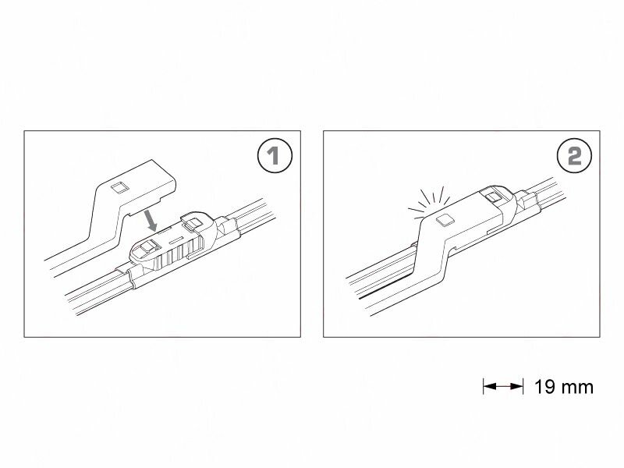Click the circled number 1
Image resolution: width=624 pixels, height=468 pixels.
click(x=274, y=156)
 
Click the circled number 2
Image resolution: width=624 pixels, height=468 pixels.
click(x=573, y=156)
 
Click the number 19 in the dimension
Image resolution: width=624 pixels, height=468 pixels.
click(x=545, y=386)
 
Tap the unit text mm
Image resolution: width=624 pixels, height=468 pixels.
click(x=577, y=386)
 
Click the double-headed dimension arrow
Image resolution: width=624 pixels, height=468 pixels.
click(x=503, y=385)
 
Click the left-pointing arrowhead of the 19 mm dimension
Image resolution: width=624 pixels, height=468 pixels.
click(x=488, y=385)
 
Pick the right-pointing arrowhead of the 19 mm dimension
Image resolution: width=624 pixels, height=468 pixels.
click(x=518, y=385)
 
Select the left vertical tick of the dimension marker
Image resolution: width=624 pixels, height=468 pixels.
click(x=484, y=385)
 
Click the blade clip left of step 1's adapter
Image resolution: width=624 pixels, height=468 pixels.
click(x=128, y=275)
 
